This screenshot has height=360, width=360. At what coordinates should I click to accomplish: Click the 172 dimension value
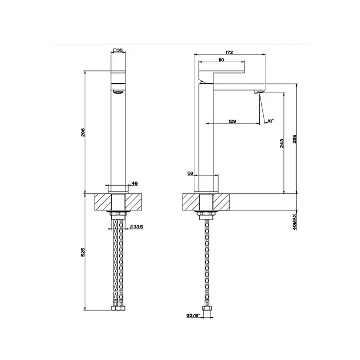[229, 52]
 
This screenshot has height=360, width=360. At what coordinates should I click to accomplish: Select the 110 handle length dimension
[221, 60]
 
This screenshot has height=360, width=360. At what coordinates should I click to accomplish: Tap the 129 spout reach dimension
[232, 121]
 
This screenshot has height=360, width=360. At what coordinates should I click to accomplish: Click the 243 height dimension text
[282, 143]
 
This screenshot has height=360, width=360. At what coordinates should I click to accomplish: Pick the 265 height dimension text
[295, 139]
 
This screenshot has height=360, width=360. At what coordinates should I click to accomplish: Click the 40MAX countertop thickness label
[295, 222]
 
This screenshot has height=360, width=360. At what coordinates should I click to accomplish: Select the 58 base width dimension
[190, 173]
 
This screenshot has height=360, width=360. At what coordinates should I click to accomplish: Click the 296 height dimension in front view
[83, 132]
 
